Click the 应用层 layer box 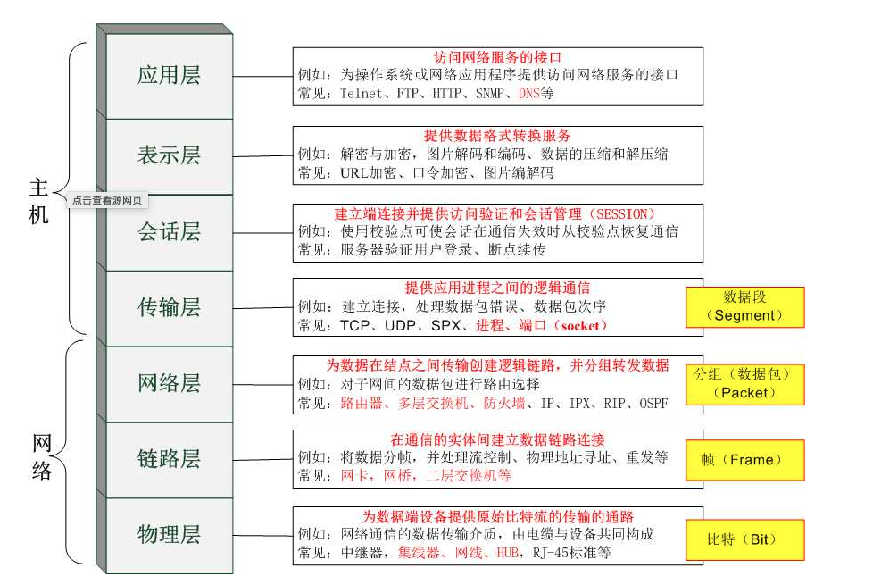coord(169,75)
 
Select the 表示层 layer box coord(169,155)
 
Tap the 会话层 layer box coord(169,232)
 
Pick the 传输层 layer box coord(169,308)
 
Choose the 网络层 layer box coord(169,384)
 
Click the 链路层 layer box coord(169,460)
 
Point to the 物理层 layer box coord(169,535)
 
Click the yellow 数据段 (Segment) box coord(744,306)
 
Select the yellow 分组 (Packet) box coord(744,382)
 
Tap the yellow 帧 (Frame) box coord(744,460)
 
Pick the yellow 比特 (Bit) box coord(744,539)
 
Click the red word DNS coord(529,92)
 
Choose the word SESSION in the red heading coord(617,214)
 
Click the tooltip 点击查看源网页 coord(106,200)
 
